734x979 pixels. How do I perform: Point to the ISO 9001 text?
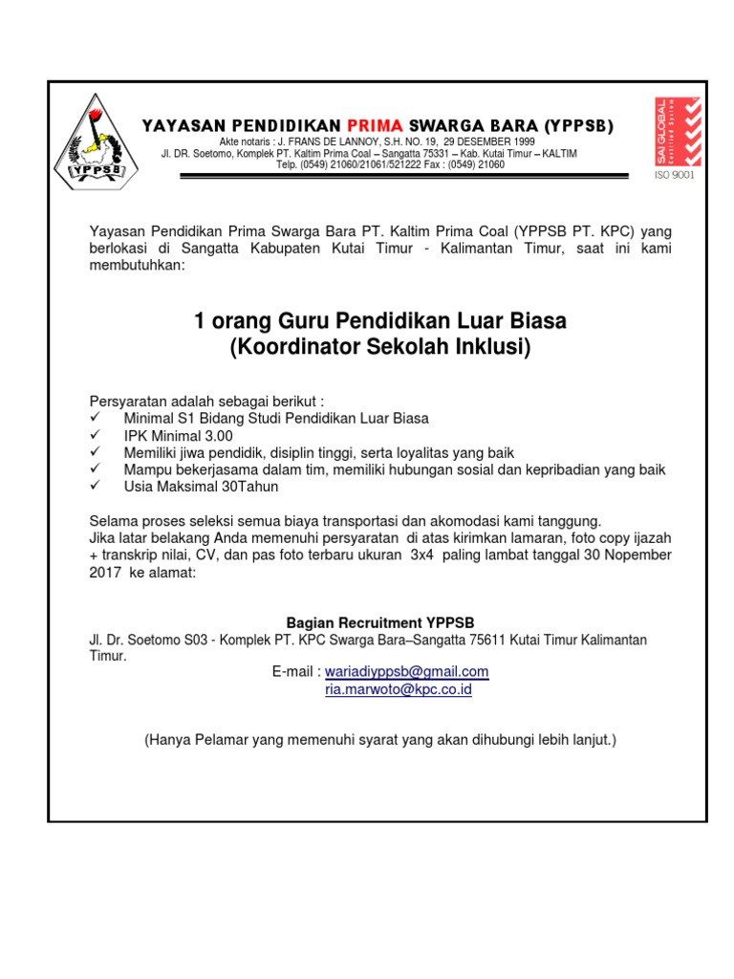[x=675, y=175]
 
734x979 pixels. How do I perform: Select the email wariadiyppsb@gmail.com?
[x=407, y=671]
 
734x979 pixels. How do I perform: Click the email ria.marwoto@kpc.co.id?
[x=399, y=688]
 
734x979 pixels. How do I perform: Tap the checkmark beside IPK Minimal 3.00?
[x=95, y=435]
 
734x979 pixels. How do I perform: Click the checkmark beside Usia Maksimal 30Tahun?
[x=95, y=487]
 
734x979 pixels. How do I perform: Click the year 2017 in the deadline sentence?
[x=105, y=572]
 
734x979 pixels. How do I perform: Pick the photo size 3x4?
[x=421, y=555]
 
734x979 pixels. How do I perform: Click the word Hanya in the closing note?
[x=169, y=740]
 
